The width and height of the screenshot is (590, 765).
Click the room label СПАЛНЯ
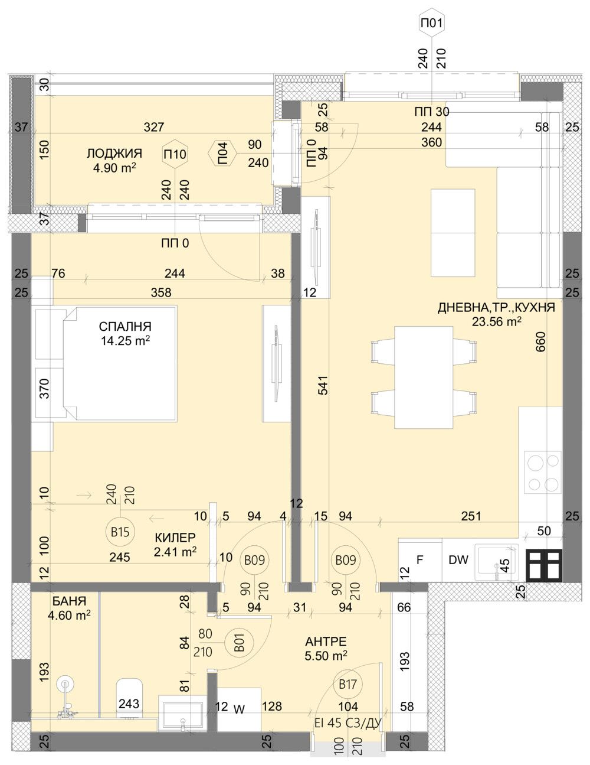click(125, 326)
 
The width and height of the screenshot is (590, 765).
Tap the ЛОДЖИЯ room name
click(114, 154)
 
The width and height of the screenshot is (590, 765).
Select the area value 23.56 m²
click(496, 321)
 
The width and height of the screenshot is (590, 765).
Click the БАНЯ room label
click(69, 601)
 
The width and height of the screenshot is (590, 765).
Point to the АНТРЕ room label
click(326, 642)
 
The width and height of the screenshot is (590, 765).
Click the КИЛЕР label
click(175, 538)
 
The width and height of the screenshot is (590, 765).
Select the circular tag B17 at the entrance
click(347, 685)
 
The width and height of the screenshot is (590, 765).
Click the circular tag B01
click(240, 643)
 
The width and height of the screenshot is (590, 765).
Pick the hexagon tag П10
click(175, 155)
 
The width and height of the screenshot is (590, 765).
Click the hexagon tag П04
click(222, 155)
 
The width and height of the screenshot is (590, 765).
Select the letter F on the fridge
click(420, 559)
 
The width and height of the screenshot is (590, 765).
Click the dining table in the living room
click(423, 376)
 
